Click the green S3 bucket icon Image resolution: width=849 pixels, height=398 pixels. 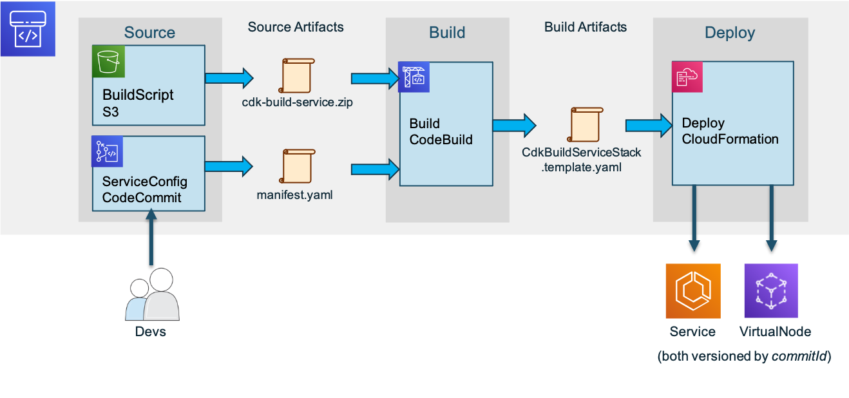click(x=108, y=62)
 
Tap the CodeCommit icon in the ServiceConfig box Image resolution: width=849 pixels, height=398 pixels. click(x=108, y=151)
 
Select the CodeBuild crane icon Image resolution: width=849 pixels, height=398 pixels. click(x=414, y=77)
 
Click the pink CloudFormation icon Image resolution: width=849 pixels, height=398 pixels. click(x=687, y=77)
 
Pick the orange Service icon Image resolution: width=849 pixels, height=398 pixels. click(x=693, y=290)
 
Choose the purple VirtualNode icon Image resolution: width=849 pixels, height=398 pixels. click(x=771, y=290)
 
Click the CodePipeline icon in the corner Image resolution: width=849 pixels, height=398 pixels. click(x=28, y=29)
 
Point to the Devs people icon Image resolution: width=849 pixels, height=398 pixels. click(x=153, y=294)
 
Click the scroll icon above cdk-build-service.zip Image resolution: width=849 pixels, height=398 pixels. click(x=297, y=75)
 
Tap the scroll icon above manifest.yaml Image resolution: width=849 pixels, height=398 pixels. click(x=298, y=166)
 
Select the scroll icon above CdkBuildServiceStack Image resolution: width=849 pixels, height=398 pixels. click(x=585, y=124)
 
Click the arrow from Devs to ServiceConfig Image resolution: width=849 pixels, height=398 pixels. click(x=151, y=237)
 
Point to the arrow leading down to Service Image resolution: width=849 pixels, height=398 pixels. click(x=694, y=218)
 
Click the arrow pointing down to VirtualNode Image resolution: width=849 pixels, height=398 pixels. click(x=771, y=218)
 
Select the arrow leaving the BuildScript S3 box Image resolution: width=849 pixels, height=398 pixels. click(x=229, y=78)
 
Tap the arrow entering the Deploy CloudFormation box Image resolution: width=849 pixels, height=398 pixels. click(x=649, y=126)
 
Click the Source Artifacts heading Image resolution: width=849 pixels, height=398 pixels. click(x=296, y=27)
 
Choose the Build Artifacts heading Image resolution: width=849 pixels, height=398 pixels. click(x=585, y=27)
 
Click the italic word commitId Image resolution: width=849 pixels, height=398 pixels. click(x=799, y=356)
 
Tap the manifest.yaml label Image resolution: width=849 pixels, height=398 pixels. click(x=294, y=195)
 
